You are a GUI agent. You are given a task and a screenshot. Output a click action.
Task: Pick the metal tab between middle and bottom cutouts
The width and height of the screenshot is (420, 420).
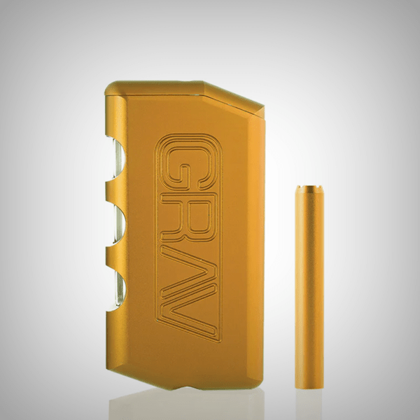click(x=116, y=256)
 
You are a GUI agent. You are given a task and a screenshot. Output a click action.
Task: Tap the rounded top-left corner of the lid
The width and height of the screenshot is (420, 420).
click(x=110, y=87)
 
